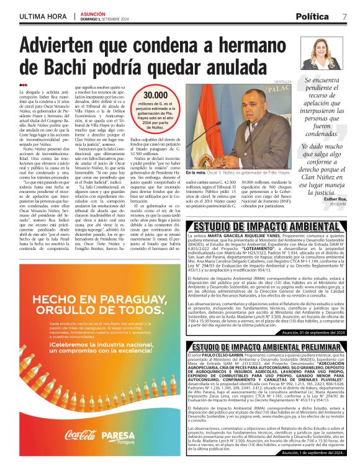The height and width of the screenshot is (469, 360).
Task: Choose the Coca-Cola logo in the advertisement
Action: [80, 435]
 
